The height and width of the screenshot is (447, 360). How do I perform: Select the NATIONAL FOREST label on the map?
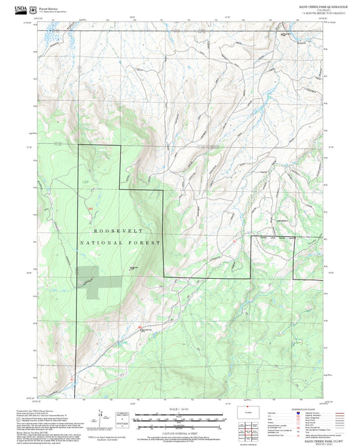pyautogui.click(x=120, y=242)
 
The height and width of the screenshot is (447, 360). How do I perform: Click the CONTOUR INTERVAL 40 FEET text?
pyautogui.click(x=180, y=430)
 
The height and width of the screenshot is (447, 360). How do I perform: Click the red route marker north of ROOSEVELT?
pyautogui.click(x=91, y=209)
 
